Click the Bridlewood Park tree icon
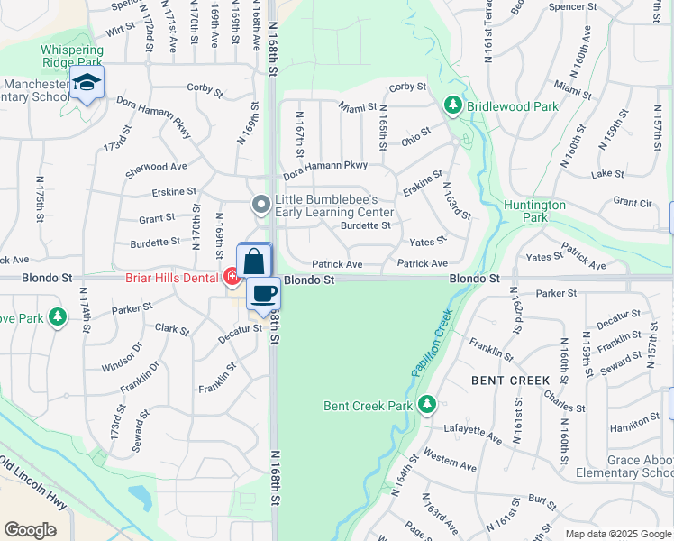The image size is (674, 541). pos(453,106)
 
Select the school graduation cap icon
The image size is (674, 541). pos(87,83)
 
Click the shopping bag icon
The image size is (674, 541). pos(254,261)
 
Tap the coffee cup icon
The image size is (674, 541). pos(263,293)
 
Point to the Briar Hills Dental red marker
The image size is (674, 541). pos(231,277)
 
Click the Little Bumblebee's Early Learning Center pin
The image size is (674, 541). pos(261,206)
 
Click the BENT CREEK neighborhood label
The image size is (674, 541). pos(511,381)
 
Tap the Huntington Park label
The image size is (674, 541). pos(535,211)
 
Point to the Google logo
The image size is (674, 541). pos(31,529)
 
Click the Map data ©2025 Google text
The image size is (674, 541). pos(618,534)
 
